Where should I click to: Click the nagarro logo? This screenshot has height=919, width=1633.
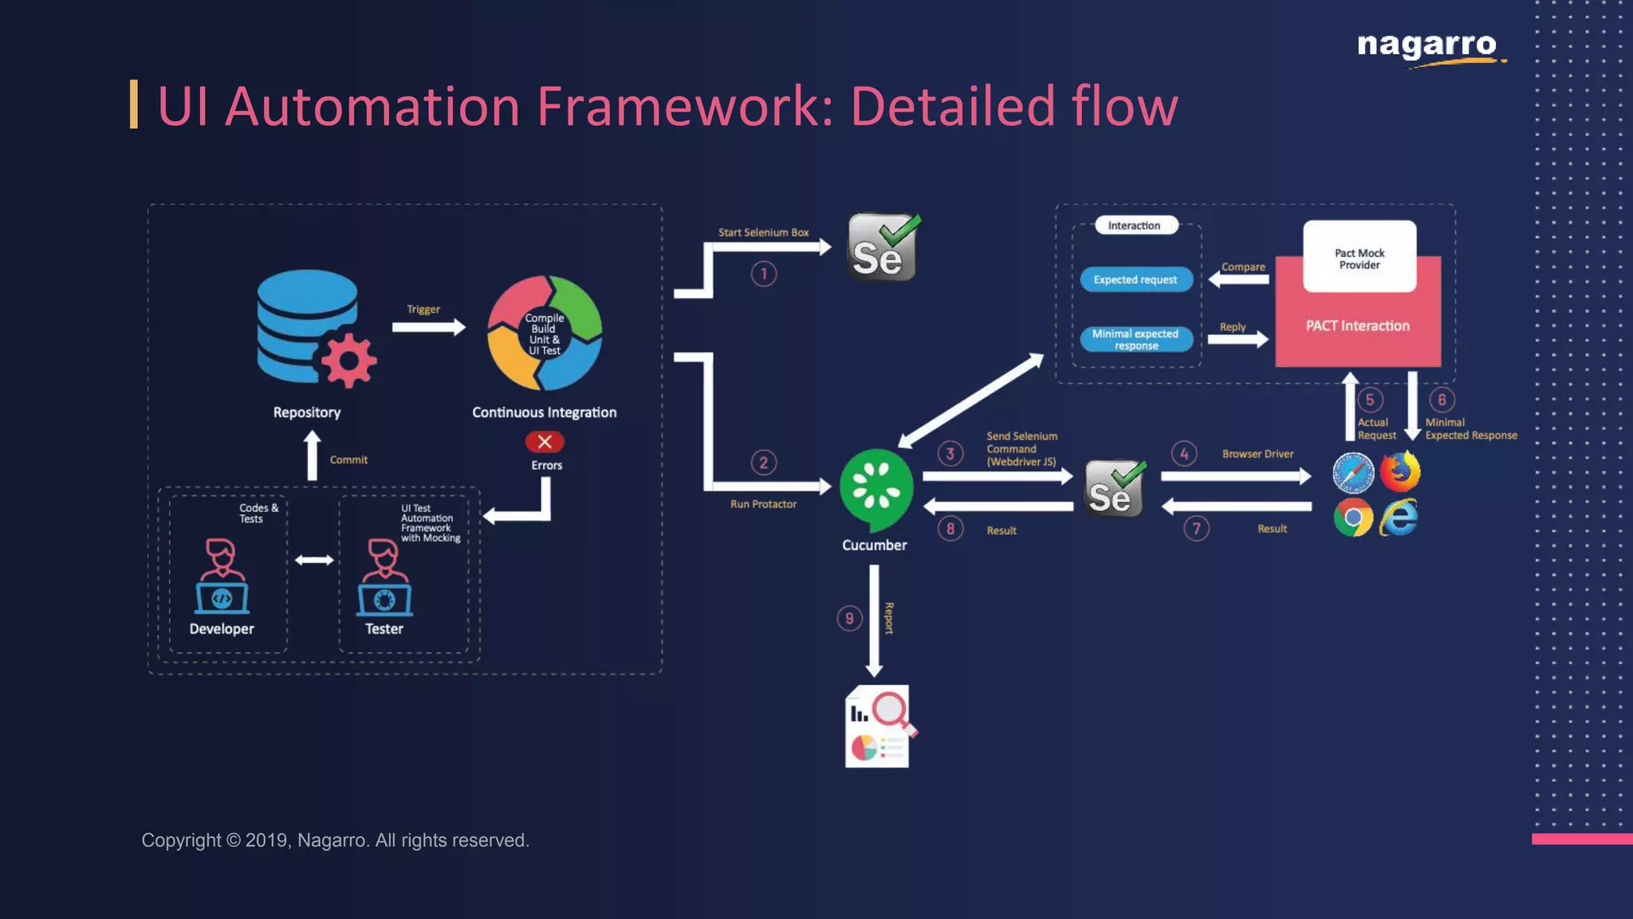[x=1427, y=46]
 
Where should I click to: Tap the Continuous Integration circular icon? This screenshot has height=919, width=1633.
[x=545, y=333]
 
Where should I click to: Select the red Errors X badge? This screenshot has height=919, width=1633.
[x=545, y=441]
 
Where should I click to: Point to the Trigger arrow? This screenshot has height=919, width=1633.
[x=429, y=327]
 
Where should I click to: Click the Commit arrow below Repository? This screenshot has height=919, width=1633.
[x=313, y=456]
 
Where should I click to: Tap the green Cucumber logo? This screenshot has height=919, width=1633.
[x=876, y=488]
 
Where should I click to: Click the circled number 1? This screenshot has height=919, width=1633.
[x=763, y=274]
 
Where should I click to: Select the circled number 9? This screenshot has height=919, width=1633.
[x=849, y=618]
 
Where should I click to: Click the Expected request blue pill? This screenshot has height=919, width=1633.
[x=1135, y=279]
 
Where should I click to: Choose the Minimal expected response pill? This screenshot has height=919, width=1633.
[x=1135, y=339]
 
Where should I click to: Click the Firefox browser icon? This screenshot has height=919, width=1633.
[x=1400, y=471]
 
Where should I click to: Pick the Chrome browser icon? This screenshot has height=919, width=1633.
[x=1353, y=518]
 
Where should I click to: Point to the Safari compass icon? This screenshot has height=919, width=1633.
[x=1353, y=473]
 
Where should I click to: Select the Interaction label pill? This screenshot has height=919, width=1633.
[x=1134, y=226]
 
